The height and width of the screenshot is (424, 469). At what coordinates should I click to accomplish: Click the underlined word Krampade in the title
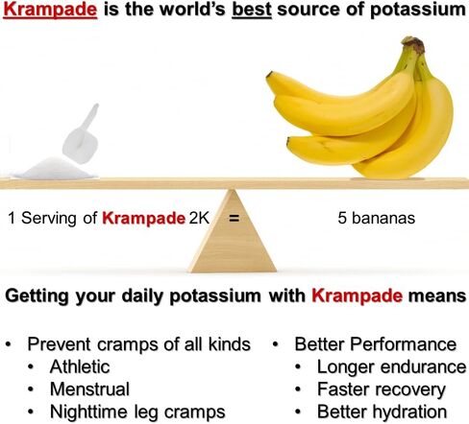tap(50, 10)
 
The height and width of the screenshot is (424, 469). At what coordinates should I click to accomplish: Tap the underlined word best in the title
tap(252, 10)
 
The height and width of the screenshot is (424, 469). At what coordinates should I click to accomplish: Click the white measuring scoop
tap(81, 134)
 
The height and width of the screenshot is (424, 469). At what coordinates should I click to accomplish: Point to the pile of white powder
tap(54, 169)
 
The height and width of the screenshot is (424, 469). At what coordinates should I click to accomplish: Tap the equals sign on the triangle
tap(234, 219)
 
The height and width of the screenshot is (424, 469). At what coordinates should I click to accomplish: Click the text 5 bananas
tap(377, 218)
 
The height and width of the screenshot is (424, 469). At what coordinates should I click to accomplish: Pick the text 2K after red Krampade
tap(199, 218)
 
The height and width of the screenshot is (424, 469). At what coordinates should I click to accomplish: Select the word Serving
tap(49, 219)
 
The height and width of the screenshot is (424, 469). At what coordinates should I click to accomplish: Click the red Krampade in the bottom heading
tap(358, 295)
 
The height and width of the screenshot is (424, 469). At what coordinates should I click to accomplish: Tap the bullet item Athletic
tap(80, 366)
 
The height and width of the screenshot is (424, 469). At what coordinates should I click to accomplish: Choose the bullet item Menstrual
tap(90, 389)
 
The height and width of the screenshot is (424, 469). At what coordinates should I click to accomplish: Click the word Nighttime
tap(88, 412)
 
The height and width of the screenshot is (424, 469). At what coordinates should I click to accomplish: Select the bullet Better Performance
tap(376, 344)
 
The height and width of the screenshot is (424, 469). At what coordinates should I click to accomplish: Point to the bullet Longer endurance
tap(392, 367)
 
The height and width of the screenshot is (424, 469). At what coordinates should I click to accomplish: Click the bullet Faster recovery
tap(382, 389)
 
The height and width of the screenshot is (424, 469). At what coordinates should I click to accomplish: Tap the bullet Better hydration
tap(383, 412)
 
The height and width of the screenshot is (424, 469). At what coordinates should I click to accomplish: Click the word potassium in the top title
tap(418, 11)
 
